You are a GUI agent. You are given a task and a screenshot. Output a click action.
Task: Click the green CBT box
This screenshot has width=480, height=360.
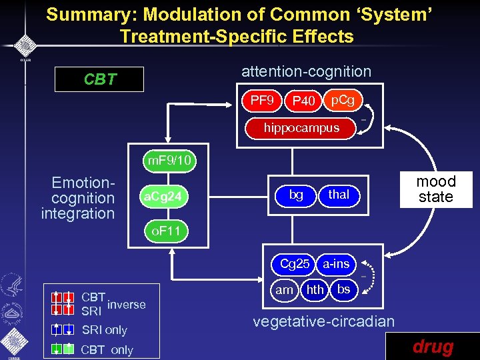(x=100, y=80)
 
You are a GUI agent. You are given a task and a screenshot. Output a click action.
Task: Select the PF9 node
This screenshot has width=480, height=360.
(x=262, y=101)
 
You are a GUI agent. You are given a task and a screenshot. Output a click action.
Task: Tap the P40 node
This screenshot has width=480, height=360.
(x=303, y=101)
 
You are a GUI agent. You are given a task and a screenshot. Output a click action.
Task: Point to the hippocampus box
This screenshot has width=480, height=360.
(x=301, y=127)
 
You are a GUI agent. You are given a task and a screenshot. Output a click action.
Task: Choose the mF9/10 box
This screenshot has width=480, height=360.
(x=169, y=160)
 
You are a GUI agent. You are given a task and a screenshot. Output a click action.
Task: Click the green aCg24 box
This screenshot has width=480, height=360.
(x=163, y=197)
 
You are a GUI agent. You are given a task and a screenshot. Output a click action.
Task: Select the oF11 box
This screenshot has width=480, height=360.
(x=163, y=232)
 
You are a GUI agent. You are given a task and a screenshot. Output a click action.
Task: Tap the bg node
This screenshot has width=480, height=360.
(x=296, y=195)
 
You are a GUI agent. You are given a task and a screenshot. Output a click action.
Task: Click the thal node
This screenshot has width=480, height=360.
(x=339, y=195)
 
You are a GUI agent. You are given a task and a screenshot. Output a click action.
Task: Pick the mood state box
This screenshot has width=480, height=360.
(x=435, y=189)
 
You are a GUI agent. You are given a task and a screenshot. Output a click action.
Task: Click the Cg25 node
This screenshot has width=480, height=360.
(x=294, y=264)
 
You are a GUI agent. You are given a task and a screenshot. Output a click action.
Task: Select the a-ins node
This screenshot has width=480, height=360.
(x=336, y=264)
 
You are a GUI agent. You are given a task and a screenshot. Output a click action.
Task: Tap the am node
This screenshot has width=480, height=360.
(x=285, y=289)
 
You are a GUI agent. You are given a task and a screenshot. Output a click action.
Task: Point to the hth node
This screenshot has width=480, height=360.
(x=315, y=289)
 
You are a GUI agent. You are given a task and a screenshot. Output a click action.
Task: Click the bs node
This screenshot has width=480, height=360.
(x=343, y=289)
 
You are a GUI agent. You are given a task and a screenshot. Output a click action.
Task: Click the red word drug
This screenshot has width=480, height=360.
(x=433, y=347)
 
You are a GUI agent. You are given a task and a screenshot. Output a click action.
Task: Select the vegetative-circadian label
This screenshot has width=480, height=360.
(x=323, y=321)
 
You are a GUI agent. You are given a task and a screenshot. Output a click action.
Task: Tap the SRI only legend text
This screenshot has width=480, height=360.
(x=104, y=330)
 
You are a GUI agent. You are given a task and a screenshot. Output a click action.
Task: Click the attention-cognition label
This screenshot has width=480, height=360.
(x=306, y=71)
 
